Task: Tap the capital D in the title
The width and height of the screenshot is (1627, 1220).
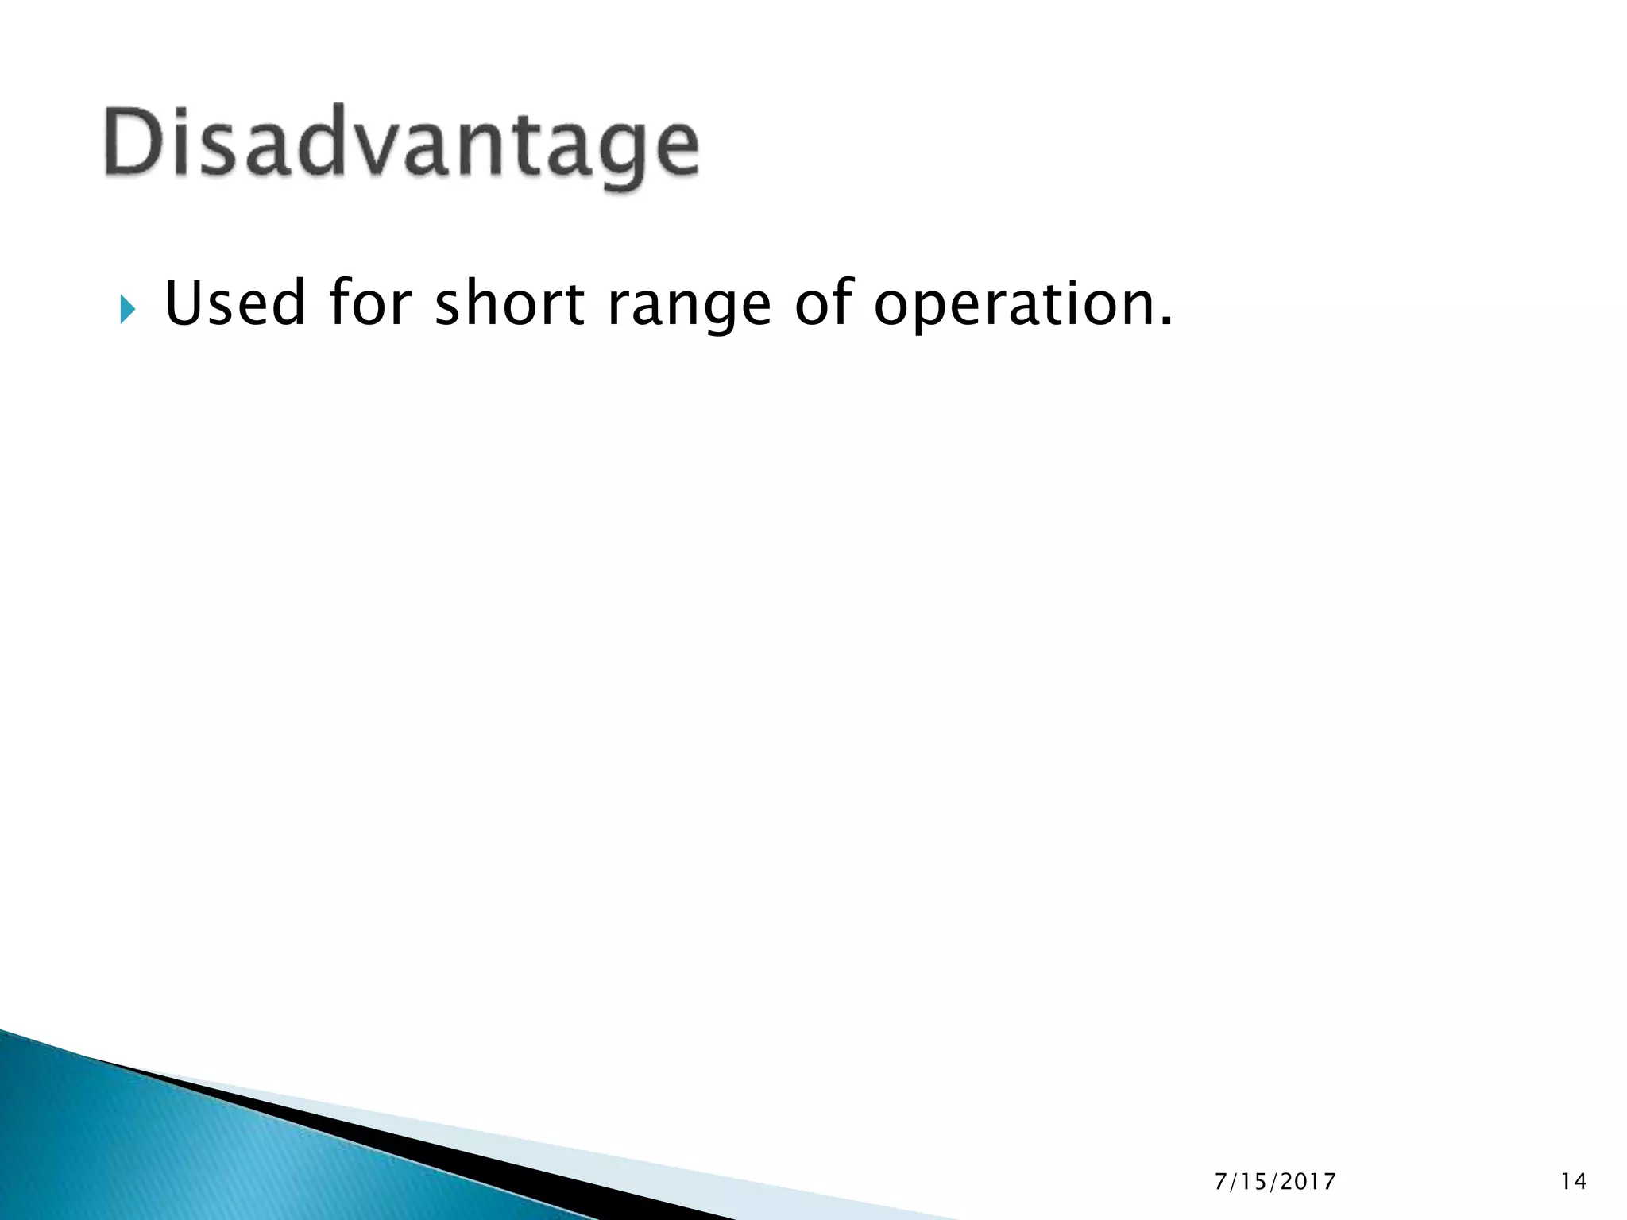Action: [134, 141]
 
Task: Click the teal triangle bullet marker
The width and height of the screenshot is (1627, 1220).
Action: [128, 309]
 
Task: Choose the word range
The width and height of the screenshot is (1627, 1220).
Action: [689, 308]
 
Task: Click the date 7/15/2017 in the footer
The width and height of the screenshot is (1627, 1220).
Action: [1275, 1182]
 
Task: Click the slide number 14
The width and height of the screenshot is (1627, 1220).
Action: [1573, 1182]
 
